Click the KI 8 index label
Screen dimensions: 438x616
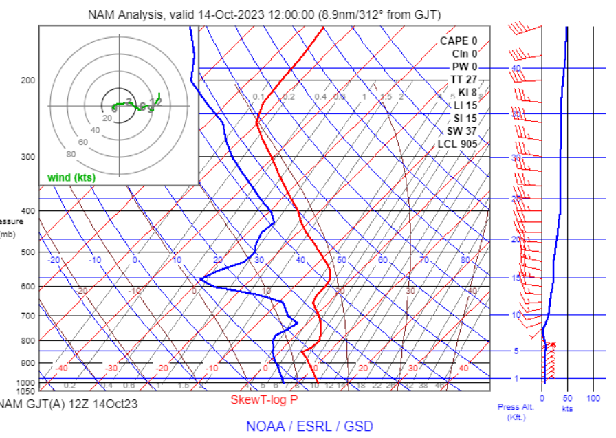pos(467,93)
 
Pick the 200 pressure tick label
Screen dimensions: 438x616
pos(27,80)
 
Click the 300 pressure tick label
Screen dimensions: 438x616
pos(27,157)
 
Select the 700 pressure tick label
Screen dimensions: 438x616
pos(27,316)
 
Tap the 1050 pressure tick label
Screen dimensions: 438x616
pos(25,391)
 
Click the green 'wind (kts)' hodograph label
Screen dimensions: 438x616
pos(71,177)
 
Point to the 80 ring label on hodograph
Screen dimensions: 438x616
pos(71,154)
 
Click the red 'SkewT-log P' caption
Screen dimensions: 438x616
pos(264,399)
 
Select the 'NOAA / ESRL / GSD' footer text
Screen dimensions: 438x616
pos(312,426)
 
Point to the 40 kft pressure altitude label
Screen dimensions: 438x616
pos(516,68)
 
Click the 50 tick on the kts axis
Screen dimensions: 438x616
pos(567,398)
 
